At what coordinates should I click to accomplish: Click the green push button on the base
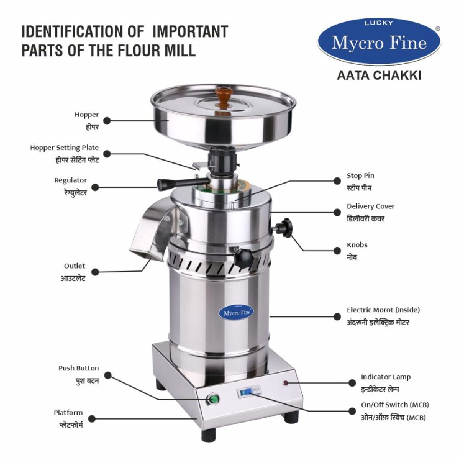point(213,399)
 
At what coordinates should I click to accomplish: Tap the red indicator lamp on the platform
point(285,382)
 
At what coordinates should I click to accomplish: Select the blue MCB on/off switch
point(245,392)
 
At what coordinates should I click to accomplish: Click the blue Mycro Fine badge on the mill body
point(237,313)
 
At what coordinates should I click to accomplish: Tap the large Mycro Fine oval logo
point(379,41)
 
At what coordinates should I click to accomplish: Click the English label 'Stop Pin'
point(360,176)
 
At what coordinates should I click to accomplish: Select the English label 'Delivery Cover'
point(371,207)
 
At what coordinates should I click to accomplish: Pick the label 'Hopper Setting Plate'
point(65,147)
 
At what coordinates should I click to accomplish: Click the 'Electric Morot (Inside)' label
point(383,310)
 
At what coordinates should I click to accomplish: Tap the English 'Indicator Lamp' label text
point(385,377)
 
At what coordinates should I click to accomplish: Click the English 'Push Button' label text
point(79,368)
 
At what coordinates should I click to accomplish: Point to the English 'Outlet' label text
point(75,266)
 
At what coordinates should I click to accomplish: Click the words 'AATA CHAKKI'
point(379,76)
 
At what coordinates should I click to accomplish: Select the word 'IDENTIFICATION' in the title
point(83,31)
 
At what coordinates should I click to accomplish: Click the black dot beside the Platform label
point(92,419)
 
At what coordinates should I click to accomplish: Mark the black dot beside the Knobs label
point(337,251)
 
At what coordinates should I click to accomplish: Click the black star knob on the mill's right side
point(283,227)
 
